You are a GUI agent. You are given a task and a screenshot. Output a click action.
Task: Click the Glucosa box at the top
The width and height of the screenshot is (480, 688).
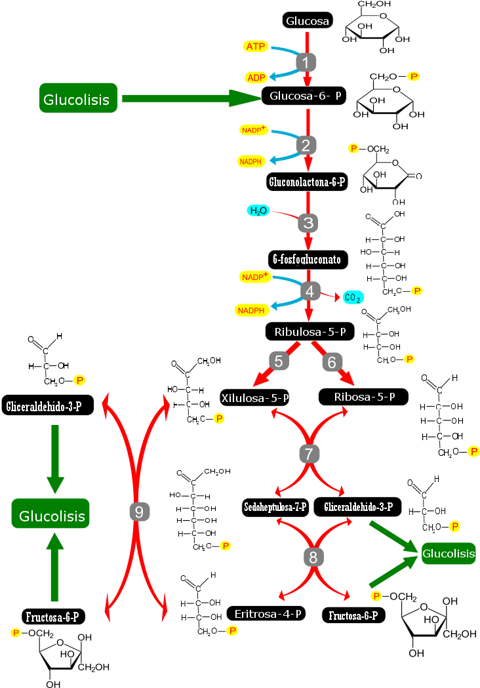308,21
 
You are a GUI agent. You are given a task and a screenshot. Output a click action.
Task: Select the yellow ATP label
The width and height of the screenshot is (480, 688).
256,47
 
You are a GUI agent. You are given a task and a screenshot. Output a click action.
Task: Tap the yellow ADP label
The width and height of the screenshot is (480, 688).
256,77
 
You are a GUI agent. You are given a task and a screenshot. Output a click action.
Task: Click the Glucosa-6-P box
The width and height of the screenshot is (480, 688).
304,96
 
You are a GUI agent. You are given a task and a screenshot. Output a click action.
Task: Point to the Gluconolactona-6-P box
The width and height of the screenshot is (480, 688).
307,182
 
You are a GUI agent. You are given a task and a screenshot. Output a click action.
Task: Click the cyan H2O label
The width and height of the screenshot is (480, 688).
258,211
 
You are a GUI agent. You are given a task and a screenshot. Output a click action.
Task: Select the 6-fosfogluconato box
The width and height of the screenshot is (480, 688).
308,260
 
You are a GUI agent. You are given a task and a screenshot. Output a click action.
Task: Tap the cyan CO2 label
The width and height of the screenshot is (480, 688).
353,298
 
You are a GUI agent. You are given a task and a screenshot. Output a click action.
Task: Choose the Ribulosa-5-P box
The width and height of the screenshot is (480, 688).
310,332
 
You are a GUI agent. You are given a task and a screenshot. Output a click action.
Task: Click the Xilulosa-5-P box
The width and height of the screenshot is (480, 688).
254,397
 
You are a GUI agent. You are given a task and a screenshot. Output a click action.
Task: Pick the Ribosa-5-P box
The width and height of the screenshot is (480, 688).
363,397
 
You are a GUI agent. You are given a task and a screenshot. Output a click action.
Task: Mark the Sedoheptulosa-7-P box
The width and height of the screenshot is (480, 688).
275,507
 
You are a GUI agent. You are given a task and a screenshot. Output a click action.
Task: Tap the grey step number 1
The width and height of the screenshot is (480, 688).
306,62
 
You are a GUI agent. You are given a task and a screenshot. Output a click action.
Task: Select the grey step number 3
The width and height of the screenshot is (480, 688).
308,223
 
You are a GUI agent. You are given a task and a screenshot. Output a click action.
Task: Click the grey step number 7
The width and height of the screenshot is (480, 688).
310,453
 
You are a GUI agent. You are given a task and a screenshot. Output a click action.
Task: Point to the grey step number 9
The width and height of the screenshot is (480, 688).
138,512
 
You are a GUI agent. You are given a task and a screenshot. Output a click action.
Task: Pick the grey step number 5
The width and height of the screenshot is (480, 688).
279,361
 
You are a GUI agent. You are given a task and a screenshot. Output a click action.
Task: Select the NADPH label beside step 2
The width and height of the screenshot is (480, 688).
251,161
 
